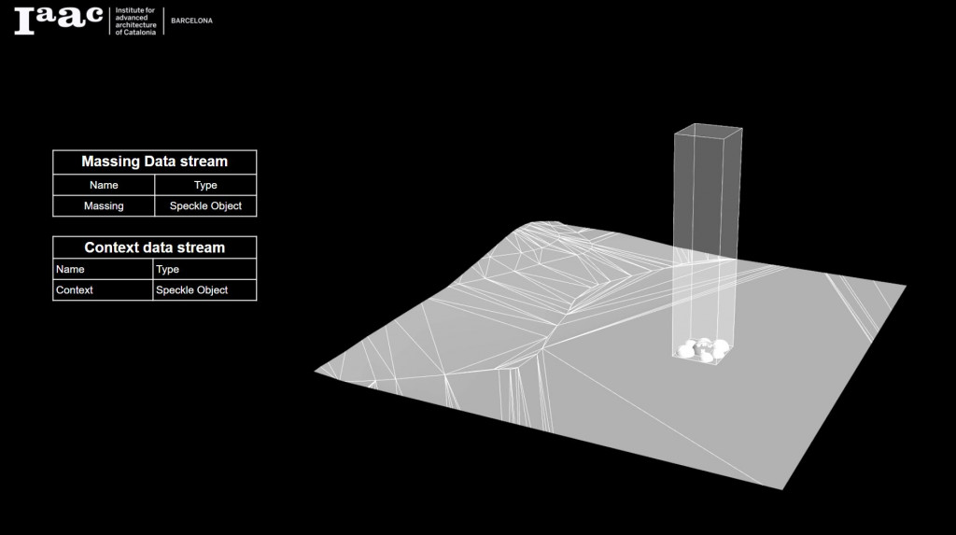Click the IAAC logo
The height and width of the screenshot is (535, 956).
(58, 20)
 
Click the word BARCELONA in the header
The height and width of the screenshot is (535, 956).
(191, 21)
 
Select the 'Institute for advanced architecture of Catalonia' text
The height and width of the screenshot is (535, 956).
(134, 21)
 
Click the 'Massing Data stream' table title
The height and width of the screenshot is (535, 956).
(154, 162)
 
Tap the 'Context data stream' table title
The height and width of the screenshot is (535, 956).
(154, 247)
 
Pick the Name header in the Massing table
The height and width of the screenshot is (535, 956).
(104, 185)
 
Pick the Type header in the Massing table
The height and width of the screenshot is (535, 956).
(205, 185)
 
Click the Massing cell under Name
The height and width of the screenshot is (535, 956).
(104, 205)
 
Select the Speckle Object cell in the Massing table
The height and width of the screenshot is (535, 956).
(205, 205)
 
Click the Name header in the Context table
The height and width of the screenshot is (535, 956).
(70, 269)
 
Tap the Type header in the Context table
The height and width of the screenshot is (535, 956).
(168, 269)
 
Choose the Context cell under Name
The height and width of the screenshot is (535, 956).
(75, 290)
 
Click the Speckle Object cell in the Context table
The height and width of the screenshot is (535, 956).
(191, 290)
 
